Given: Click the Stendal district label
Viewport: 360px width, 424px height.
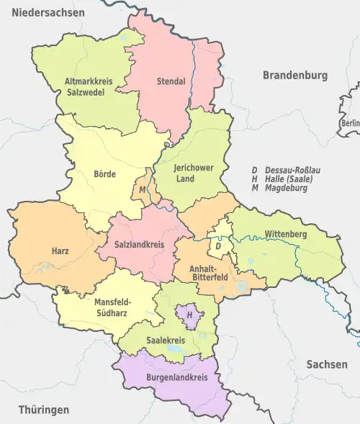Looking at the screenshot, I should pos(171,81).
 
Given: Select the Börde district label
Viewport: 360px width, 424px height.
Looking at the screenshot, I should pos(104,173).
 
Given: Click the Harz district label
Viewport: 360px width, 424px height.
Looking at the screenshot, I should pos(60,251).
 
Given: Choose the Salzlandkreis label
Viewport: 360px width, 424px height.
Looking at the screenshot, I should pos(140,245).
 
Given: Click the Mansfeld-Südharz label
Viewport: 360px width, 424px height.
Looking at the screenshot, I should pos(113,307).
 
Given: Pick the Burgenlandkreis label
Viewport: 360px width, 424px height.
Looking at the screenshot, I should pos(173,377).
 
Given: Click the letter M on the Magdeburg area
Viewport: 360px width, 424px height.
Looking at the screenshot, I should pos(143,189).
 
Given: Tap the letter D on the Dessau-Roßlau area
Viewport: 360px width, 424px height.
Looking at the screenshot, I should pos(217,246).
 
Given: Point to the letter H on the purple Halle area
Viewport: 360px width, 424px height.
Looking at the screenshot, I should pos(189,315).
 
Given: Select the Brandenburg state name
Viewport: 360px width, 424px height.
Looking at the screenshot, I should pos(294,75).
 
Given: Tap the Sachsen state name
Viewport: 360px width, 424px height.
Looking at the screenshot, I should pos(326,364).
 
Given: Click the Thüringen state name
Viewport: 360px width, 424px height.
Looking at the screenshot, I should pos(44,410).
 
